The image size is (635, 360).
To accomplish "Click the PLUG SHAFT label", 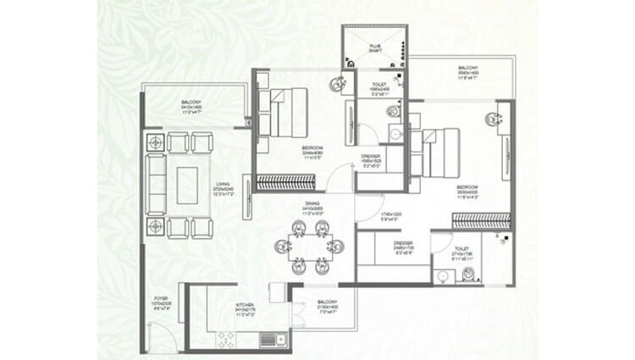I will tap(375, 48).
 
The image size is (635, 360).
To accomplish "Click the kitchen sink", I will tap(269, 340).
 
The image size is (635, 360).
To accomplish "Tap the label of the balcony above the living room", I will tap(191, 106).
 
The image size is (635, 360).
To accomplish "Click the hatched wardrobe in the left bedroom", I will tap(285, 181).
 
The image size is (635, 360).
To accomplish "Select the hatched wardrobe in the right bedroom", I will tap(482, 220).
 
